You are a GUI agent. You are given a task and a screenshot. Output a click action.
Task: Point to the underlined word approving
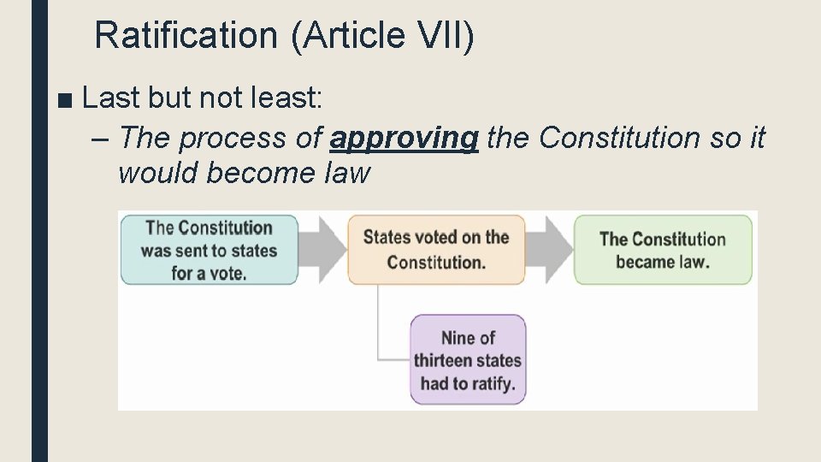click(404, 137)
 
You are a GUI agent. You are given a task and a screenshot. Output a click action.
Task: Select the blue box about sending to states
click(209, 250)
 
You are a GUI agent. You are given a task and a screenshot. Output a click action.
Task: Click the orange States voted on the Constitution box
click(436, 250)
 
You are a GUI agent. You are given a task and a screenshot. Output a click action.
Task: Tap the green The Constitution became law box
click(663, 250)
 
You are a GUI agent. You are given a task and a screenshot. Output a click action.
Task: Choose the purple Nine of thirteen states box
click(468, 360)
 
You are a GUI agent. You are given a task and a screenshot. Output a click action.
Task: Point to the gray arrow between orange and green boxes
click(551, 248)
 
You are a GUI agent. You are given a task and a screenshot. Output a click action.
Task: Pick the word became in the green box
click(646, 262)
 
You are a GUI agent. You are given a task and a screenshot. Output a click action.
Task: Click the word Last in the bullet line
click(112, 98)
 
